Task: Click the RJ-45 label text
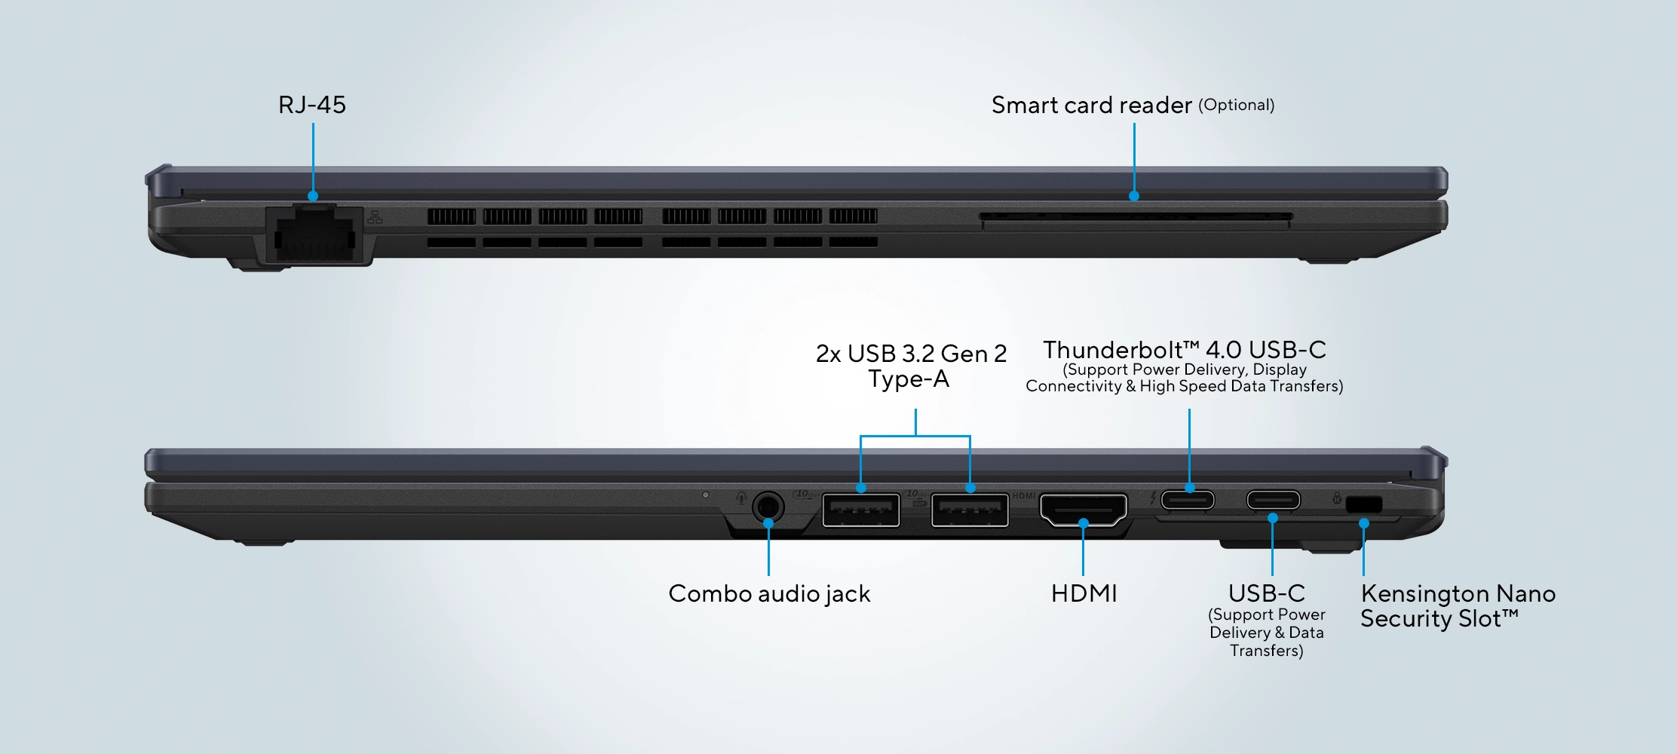311,105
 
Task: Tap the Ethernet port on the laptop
314,235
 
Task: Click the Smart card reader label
1091,106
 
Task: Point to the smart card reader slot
1136,218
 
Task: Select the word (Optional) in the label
1236,105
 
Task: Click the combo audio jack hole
768,507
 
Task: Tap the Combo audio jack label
769,594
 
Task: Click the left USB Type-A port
860,510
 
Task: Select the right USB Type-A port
970,510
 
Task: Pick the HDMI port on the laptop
1084,510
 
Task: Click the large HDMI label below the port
1084,594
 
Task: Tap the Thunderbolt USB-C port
1188,500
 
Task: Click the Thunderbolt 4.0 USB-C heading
1184,350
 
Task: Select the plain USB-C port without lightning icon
1273,500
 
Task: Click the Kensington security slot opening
1364,504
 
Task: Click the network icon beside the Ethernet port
375,218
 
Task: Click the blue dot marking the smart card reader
1134,196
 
